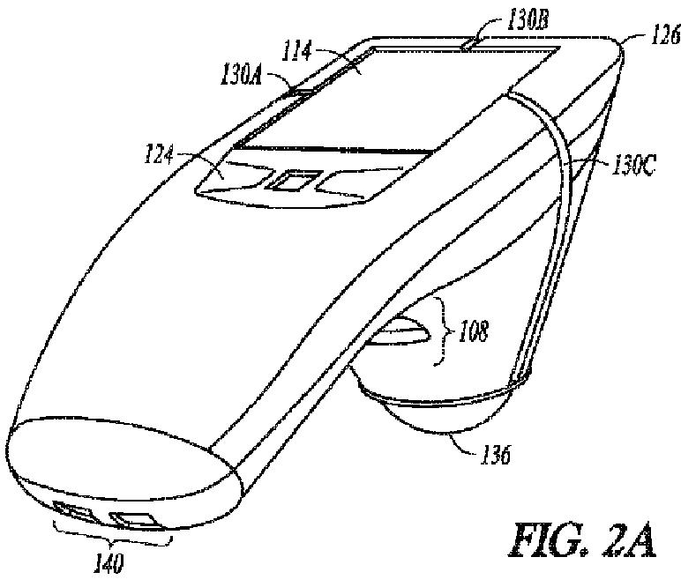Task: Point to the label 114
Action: [x=296, y=53]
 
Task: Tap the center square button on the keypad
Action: [x=291, y=182]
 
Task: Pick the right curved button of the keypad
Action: [x=353, y=182]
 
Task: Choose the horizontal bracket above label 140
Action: [x=108, y=537]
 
